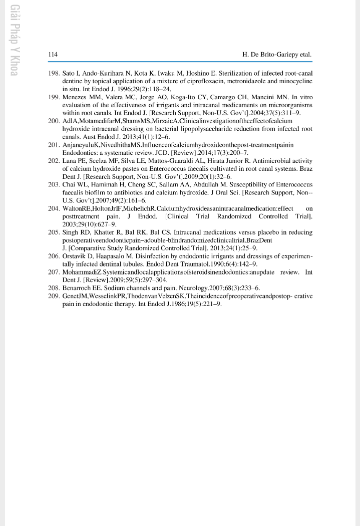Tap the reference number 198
click(54, 73)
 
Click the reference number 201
click(54, 145)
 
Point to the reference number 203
click(54, 184)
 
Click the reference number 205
click(54, 232)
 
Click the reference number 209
click(54, 296)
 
